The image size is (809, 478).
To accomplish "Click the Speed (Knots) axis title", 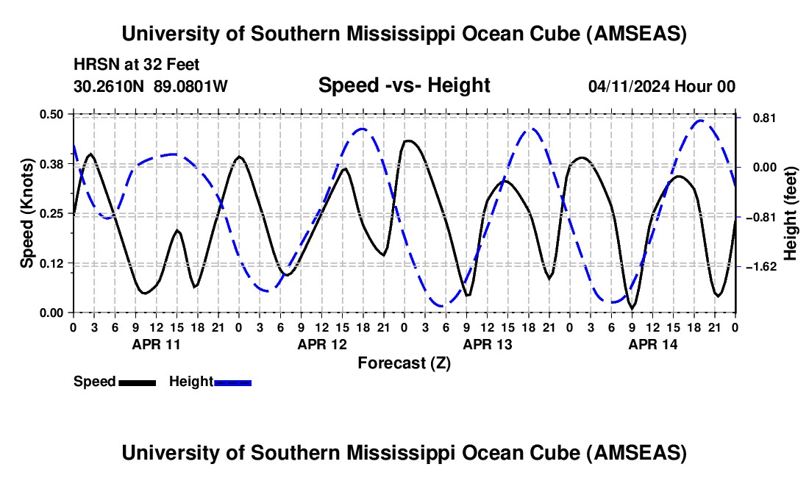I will [x=26, y=213].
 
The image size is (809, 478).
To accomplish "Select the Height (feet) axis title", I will [x=791, y=213].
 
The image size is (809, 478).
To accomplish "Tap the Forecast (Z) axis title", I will [x=404, y=363].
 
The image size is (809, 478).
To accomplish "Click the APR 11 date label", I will [x=156, y=343].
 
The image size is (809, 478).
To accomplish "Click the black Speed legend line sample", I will [x=136, y=382].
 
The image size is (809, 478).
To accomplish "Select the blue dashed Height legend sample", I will [x=232, y=382].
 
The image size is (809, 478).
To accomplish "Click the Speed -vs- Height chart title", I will [x=404, y=85].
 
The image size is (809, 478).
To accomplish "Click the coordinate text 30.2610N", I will [x=110, y=86].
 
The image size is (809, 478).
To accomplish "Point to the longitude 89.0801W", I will [x=190, y=86].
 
